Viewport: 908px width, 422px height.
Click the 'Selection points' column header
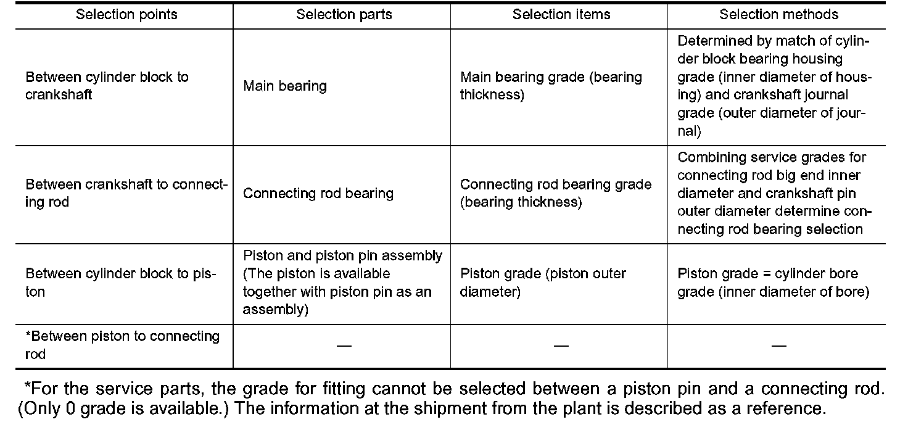(x=126, y=15)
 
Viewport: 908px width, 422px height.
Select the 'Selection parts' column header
(x=344, y=15)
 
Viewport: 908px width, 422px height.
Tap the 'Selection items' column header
(x=561, y=15)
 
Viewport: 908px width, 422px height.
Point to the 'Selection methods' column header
(x=778, y=15)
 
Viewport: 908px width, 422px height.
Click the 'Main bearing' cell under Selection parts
(x=285, y=86)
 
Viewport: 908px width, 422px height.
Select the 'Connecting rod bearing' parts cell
(x=318, y=193)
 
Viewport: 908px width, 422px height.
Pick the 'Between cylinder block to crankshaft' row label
(x=107, y=86)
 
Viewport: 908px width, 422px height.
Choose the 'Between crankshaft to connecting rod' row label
(x=126, y=193)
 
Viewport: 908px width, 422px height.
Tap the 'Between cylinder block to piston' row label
(x=120, y=283)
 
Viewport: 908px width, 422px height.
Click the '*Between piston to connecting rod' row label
(x=122, y=345)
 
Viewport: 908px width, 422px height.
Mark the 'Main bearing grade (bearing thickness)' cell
(x=551, y=86)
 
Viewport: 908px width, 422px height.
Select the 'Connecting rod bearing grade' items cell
(x=555, y=193)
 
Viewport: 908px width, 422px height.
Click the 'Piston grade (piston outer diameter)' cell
(x=543, y=283)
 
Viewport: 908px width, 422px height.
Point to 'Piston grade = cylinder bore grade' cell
(x=773, y=283)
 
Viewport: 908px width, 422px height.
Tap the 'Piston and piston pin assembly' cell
(x=342, y=283)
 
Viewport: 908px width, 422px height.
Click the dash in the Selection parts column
(x=344, y=345)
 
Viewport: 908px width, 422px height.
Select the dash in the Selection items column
(x=561, y=345)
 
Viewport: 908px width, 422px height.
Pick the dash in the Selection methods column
(x=778, y=345)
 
